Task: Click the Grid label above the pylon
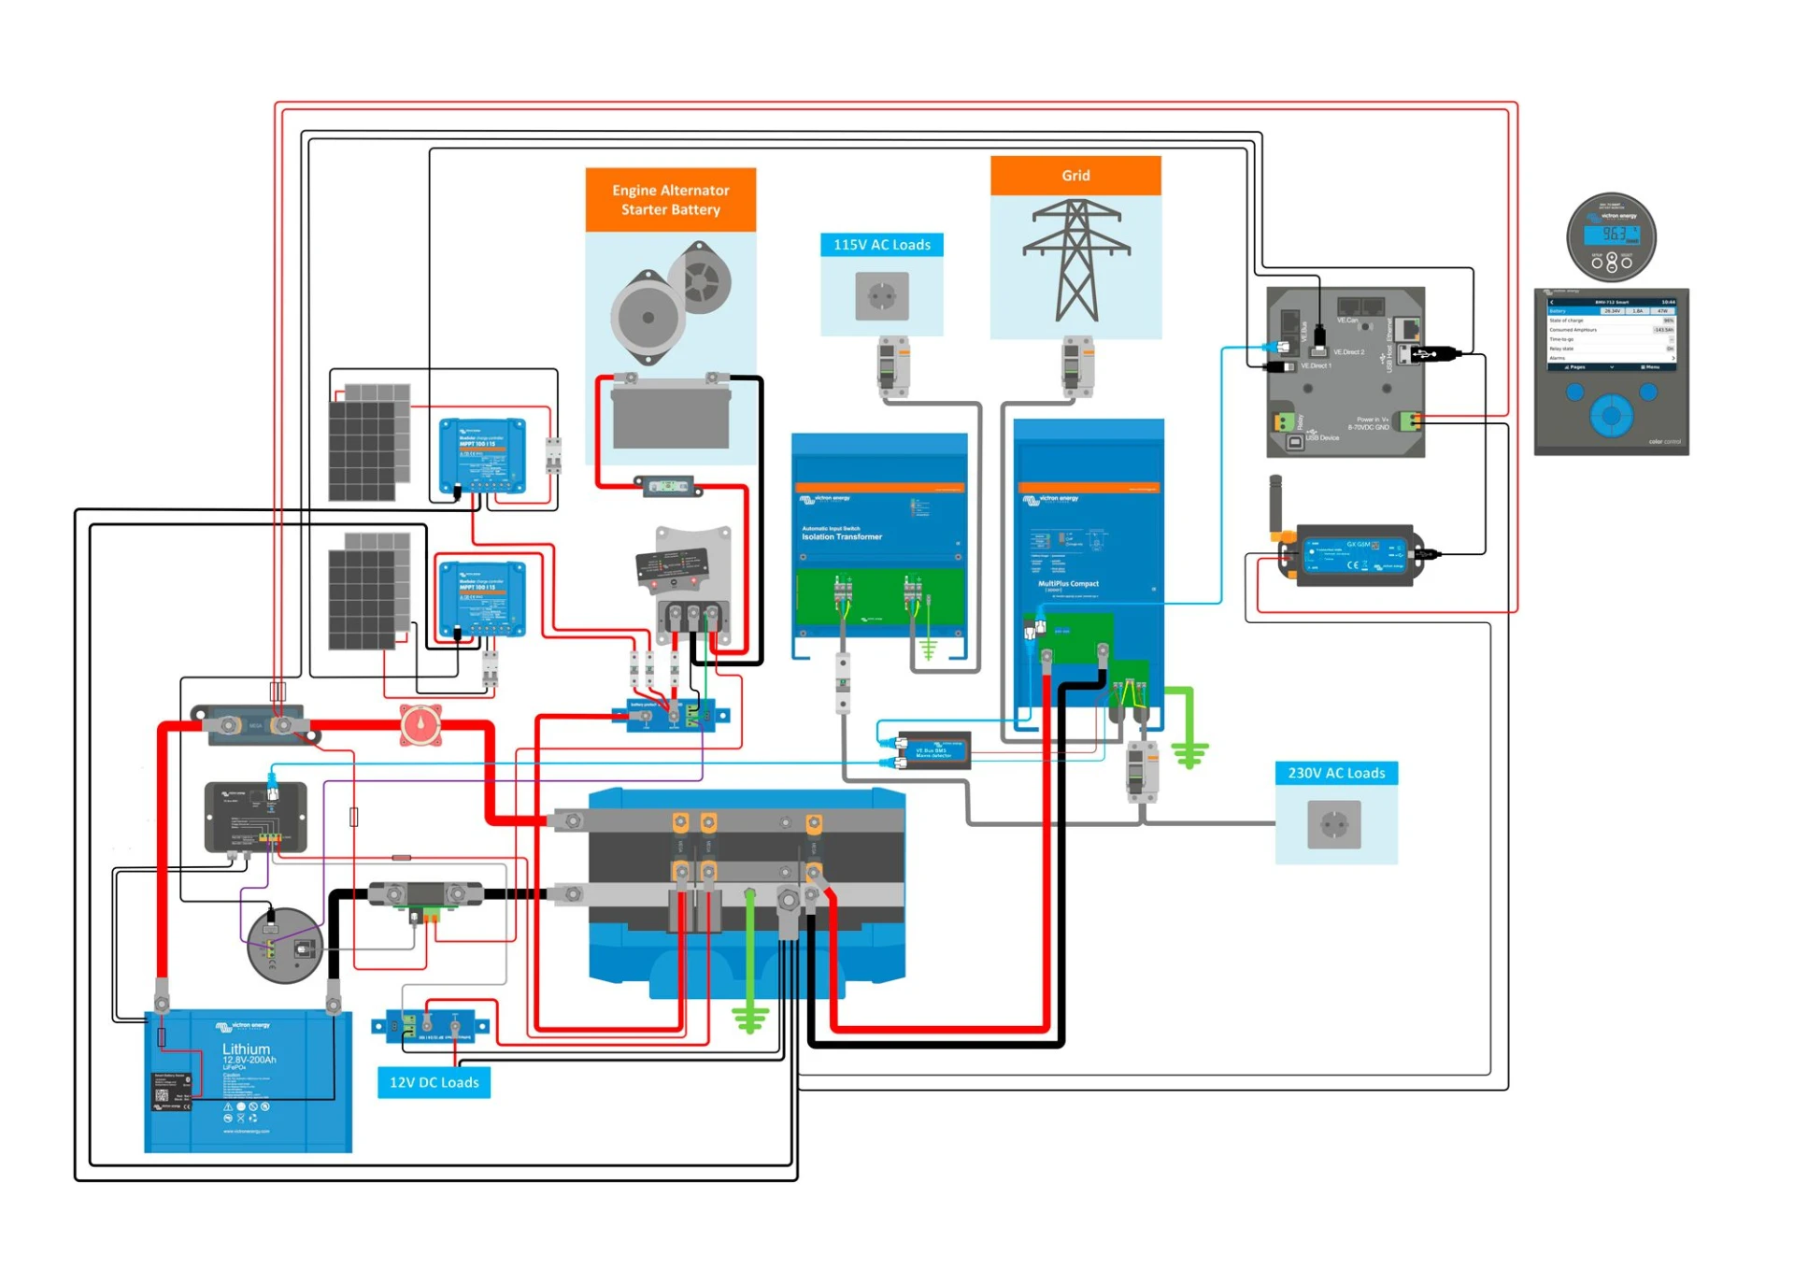pyautogui.click(x=1075, y=176)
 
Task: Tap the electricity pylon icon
pyautogui.click(x=1076, y=262)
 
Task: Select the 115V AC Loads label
pyautogui.click(x=881, y=245)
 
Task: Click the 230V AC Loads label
pyautogui.click(x=1335, y=773)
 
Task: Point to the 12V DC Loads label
pyautogui.click(x=434, y=1082)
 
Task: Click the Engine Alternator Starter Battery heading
pyautogui.click(x=670, y=200)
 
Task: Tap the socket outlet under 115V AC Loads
pyautogui.click(x=881, y=296)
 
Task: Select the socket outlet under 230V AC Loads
pyautogui.click(x=1333, y=824)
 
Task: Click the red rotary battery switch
pyautogui.click(x=420, y=725)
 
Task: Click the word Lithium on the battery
pyautogui.click(x=246, y=1048)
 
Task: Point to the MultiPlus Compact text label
pyautogui.click(x=1068, y=584)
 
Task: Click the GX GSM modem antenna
pyautogui.click(x=1274, y=505)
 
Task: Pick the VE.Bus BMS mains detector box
pyautogui.click(x=933, y=751)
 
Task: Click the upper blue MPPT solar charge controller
pyautogui.click(x=482, y=456)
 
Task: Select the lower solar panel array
pyautogui.click(x=370, y=592)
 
